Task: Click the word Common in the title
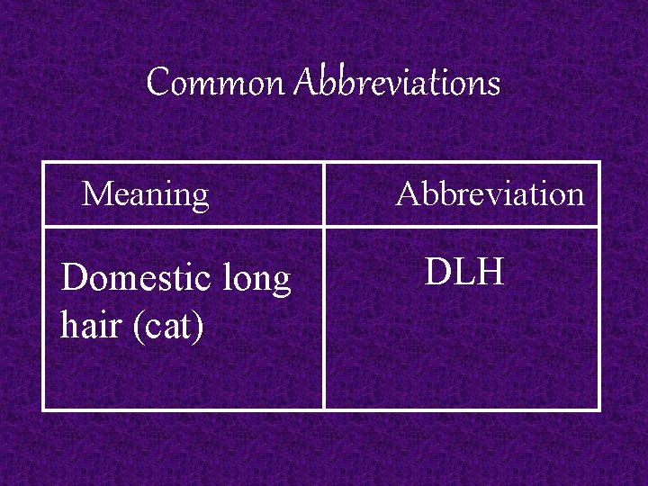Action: [214, 84]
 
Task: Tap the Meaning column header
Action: [145, 193]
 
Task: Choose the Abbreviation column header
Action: [490, 193]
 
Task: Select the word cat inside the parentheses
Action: [168, 327]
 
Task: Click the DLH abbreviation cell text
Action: [463, 271]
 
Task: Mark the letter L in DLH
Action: [463, 271]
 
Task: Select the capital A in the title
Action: [306, 84]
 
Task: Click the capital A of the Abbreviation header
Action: [407, 193]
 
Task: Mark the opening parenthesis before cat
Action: [138, 327]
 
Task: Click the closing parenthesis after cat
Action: [199, 327]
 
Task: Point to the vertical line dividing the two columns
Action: [324, 315]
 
